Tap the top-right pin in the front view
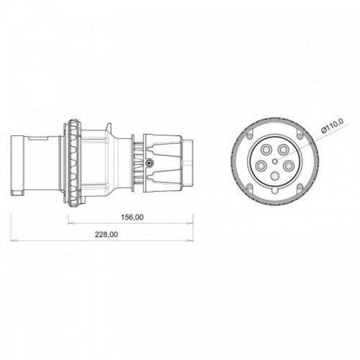[284, 150]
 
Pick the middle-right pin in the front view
[290, 165]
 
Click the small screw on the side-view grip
[148, 164]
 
